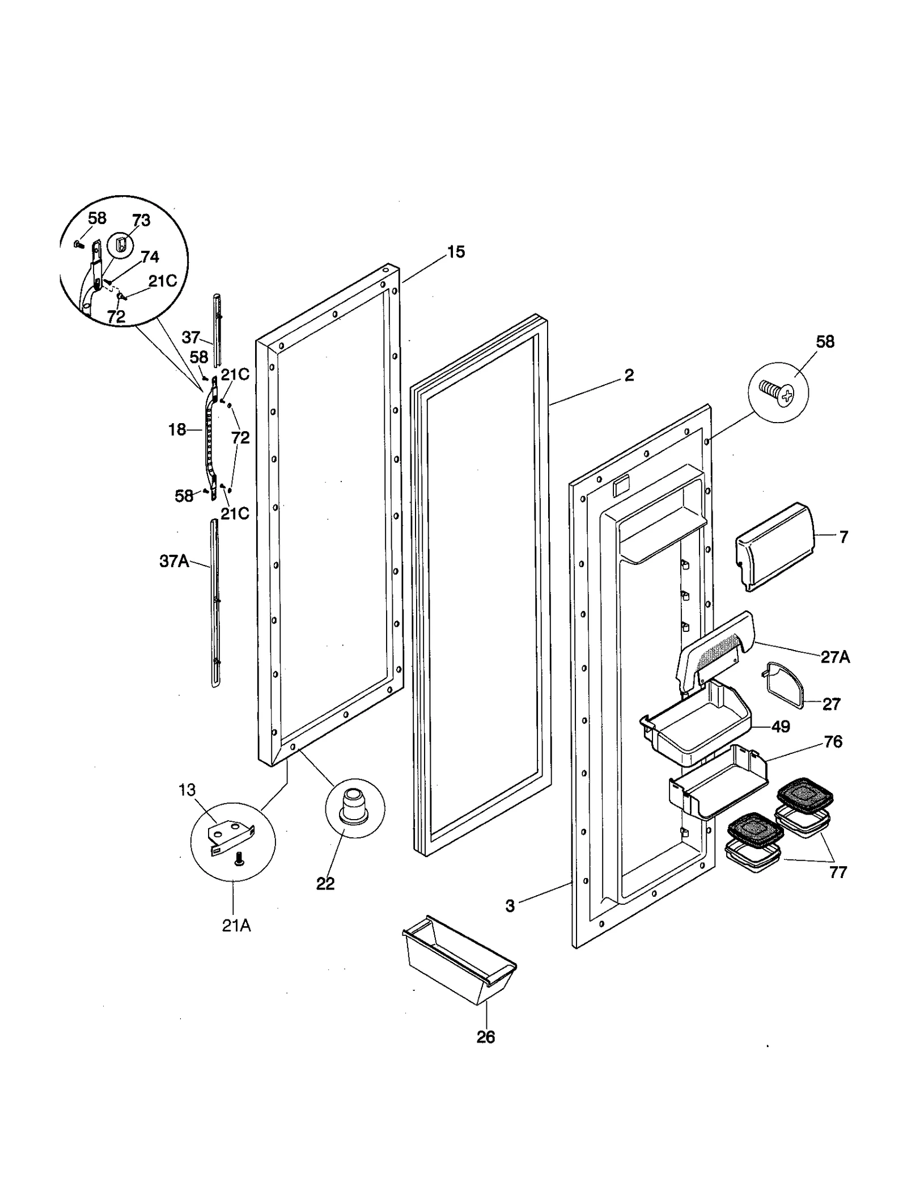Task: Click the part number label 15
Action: coord(456,252)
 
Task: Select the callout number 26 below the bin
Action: coord(485,1037)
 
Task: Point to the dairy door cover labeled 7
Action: coord(774,546)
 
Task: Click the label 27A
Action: coord(835,657)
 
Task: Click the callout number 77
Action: coord(837,872)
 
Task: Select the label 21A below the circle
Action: coord(236,926)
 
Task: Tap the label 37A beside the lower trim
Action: coord(174,562)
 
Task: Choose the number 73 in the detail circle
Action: coord(141,221)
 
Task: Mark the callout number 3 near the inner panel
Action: coord(510,906)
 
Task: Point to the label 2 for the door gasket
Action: coord(629,375)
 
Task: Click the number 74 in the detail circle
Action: coord(150,257)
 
